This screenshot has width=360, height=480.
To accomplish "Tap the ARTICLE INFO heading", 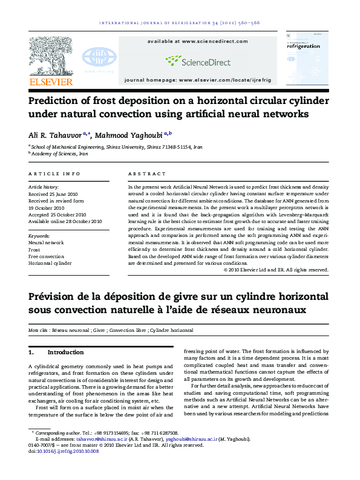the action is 54,174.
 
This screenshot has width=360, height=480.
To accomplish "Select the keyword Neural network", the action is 46,242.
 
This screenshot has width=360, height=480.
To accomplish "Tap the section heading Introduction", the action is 65,352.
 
